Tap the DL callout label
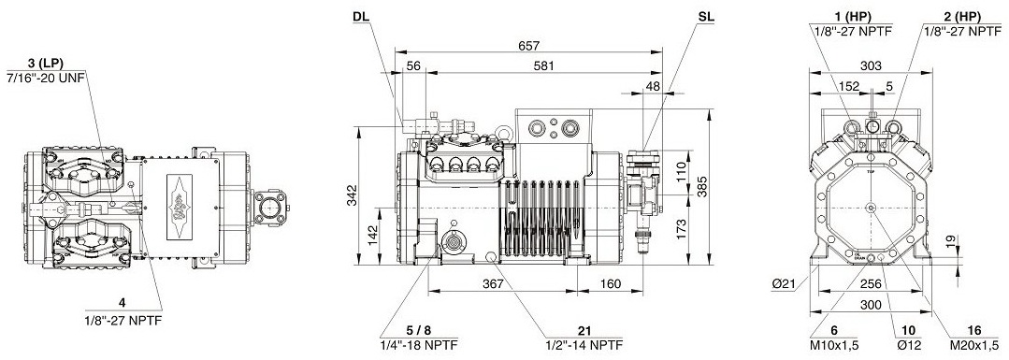(x=361, y=17)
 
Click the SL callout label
(x=702, y=17)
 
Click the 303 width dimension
(x=871, y=65)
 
